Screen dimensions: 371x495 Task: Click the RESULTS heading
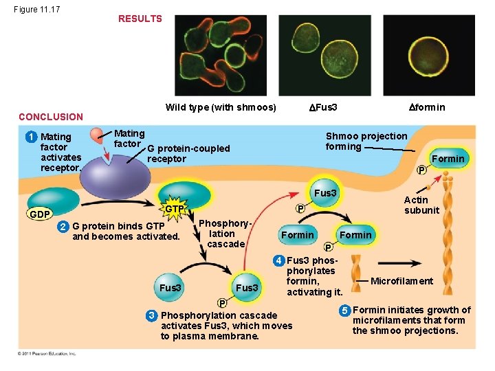point(140,19)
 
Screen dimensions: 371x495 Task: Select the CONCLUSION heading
point(50,117)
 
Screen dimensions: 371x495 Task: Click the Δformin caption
point(426,106)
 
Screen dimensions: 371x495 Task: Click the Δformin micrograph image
point(419,55)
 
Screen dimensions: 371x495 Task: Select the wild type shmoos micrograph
point(221,55)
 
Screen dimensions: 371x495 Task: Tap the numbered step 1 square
point(31,137)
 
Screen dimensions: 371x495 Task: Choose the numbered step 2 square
point(63,226)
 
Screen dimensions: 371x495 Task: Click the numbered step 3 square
point(151,315)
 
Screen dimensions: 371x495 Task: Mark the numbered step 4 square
point(278,260)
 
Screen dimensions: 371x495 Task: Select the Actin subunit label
point(421,205)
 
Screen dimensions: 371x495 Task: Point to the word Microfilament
point(401,280)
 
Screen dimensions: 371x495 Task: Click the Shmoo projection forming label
point(366,141)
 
